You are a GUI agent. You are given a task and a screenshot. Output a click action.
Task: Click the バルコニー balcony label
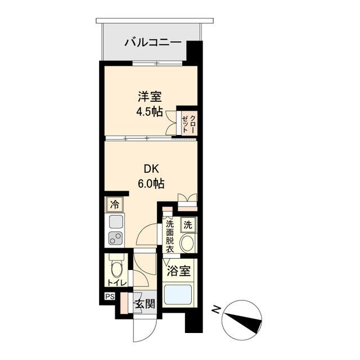point(152,42)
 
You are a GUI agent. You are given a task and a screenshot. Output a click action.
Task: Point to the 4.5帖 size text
point(149,111)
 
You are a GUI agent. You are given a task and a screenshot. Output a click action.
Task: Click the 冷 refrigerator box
point(115,204)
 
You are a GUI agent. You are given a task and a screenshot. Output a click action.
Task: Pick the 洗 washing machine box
point(188,224)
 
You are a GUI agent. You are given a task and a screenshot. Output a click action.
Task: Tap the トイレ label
point(118,282)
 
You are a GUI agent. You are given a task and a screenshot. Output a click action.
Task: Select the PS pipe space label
point(108,296)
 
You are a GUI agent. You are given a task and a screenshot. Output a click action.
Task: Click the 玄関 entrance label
point(144,304)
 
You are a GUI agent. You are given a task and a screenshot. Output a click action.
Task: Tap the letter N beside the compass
point(216,309)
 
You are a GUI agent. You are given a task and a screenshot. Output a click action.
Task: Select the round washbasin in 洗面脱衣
point(188,244)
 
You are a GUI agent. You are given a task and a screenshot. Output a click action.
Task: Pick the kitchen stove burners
point(116,238)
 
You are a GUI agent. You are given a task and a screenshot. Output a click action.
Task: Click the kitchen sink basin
point(116,221)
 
